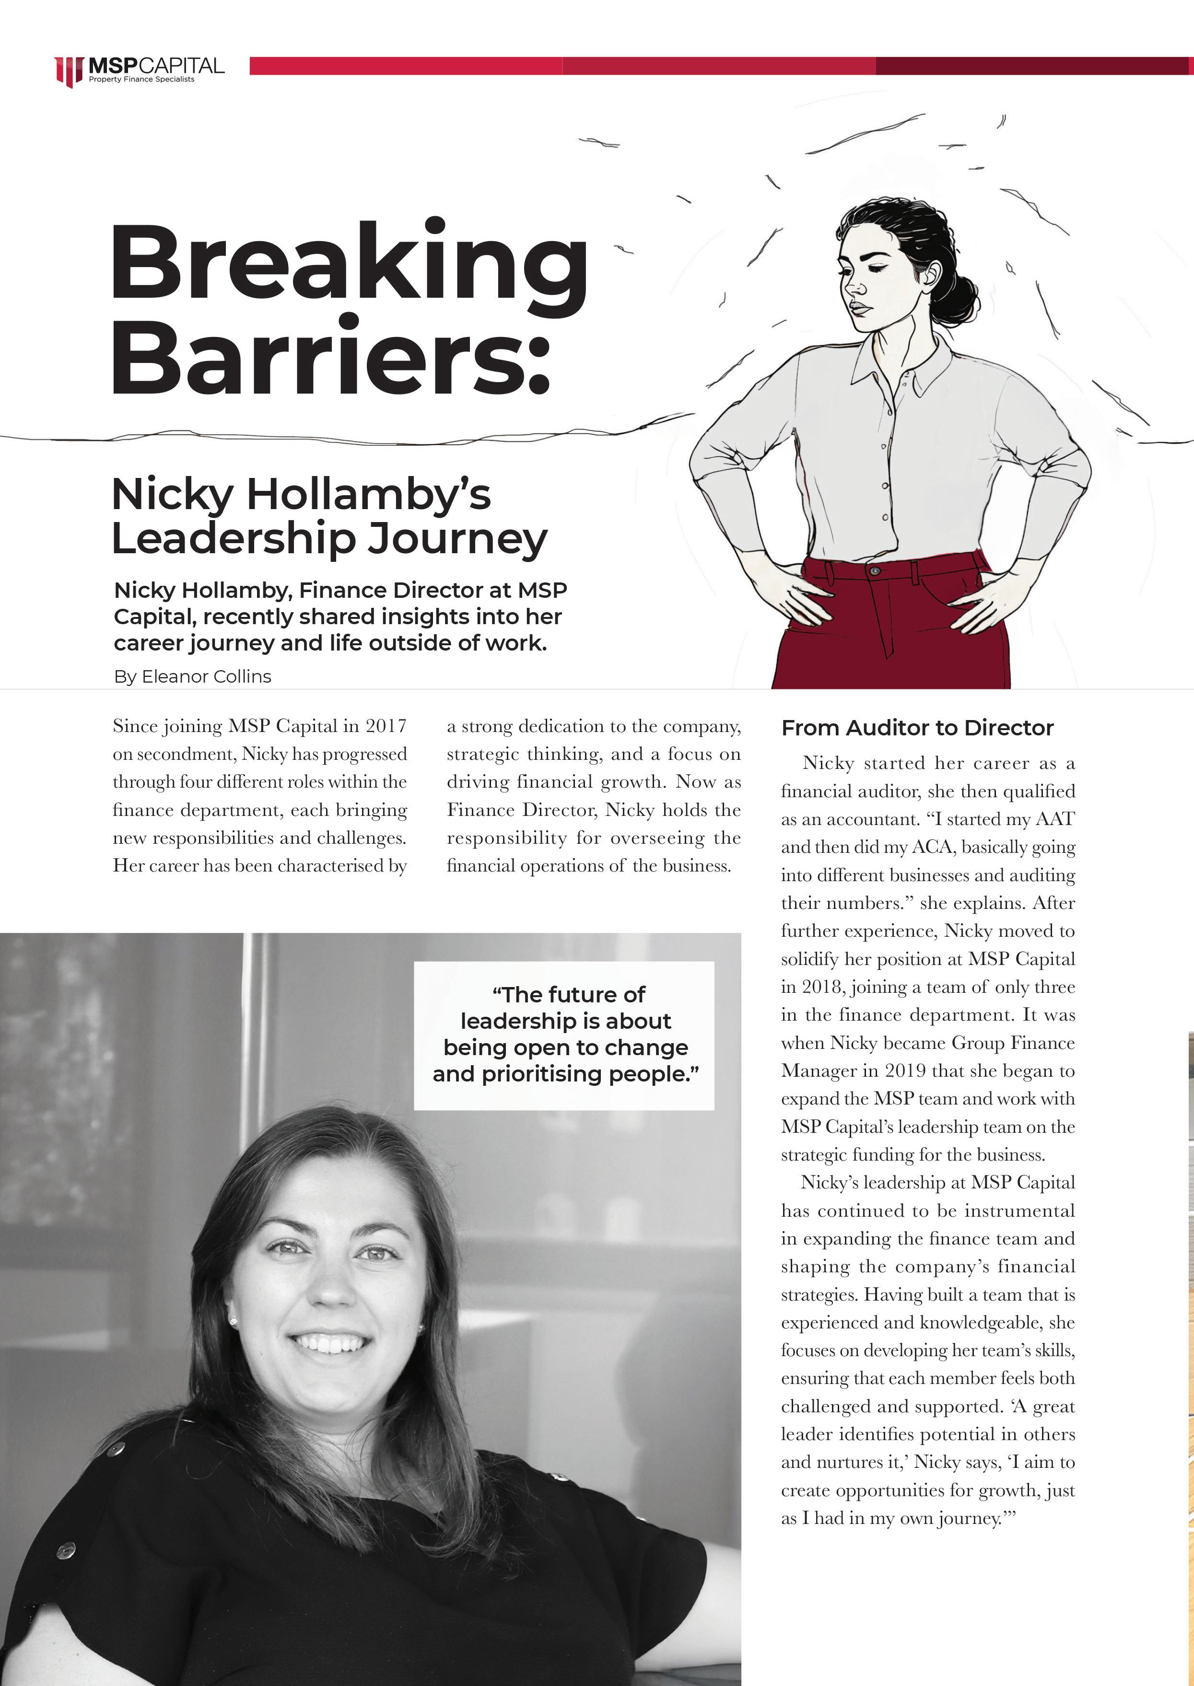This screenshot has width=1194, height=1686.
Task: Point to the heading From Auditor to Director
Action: (917, 728)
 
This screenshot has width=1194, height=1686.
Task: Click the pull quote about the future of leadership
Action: (564, 1034)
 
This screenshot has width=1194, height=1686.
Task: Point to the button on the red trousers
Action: (875, 571)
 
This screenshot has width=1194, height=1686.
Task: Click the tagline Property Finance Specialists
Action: (142, 80)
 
